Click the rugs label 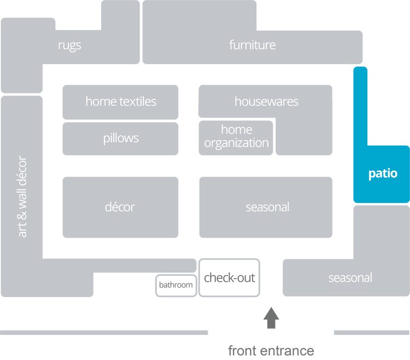pos(69,45)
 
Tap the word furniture pos(252,45)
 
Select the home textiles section pos(120,101)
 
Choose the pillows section pos(120,138)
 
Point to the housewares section pos(266,101)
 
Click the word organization pos(236,143)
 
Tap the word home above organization pos(236,130)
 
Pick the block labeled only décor pos(120,207)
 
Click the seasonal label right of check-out pos(350,278)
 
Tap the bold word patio pos(382,174)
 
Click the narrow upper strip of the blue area pos(360,104)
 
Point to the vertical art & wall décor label pos(22,197)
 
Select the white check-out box pos(230,278)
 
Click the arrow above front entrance pos(271,319)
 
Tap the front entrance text pos(271,350)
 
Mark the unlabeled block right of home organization pos(303,138)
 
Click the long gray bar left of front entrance pos(104,333)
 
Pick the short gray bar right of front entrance pos(371,333)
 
